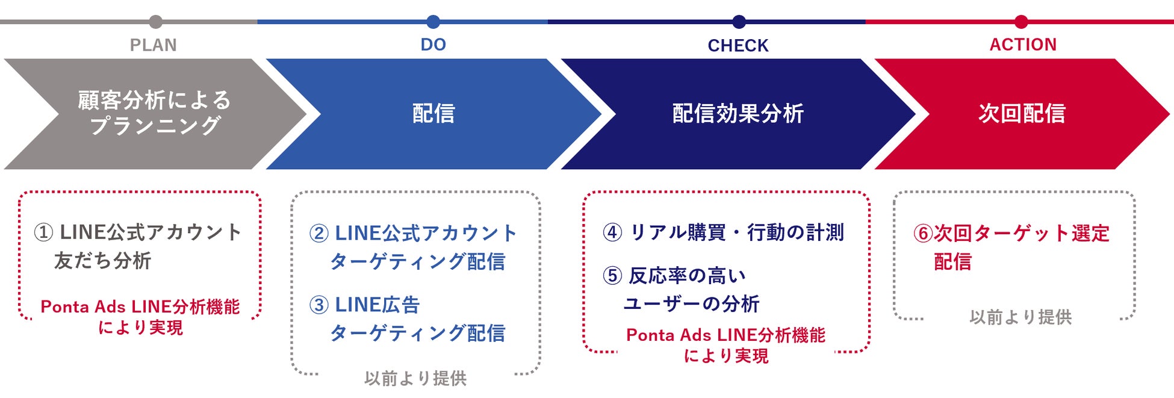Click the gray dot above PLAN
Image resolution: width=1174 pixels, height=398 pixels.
156,22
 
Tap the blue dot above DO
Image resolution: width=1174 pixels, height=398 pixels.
433,22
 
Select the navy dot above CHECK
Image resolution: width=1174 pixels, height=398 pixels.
739,22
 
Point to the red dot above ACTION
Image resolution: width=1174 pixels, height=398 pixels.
1021,22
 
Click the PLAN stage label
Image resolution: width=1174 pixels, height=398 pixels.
154,45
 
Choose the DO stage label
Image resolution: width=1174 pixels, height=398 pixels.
433,45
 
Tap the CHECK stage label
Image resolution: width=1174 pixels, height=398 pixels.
738,46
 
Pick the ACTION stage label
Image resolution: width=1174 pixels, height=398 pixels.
1023,45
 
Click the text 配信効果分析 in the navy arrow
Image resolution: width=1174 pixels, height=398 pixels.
738,113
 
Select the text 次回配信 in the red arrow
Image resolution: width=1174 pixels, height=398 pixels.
1022,113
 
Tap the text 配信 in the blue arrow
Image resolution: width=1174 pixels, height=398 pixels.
433,113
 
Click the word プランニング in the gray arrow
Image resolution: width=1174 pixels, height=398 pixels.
155,126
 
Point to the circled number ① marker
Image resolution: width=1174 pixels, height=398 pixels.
43,232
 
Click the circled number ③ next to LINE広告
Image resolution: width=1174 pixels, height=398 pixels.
319,305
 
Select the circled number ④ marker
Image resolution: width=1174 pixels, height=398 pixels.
612,232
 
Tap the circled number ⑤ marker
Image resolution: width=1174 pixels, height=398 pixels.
612,276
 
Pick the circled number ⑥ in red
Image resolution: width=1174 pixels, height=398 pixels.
923,234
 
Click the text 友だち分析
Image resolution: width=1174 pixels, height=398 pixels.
103,261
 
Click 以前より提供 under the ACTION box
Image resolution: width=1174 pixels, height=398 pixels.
1020,317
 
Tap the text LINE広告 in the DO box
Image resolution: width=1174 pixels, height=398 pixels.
377,305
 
